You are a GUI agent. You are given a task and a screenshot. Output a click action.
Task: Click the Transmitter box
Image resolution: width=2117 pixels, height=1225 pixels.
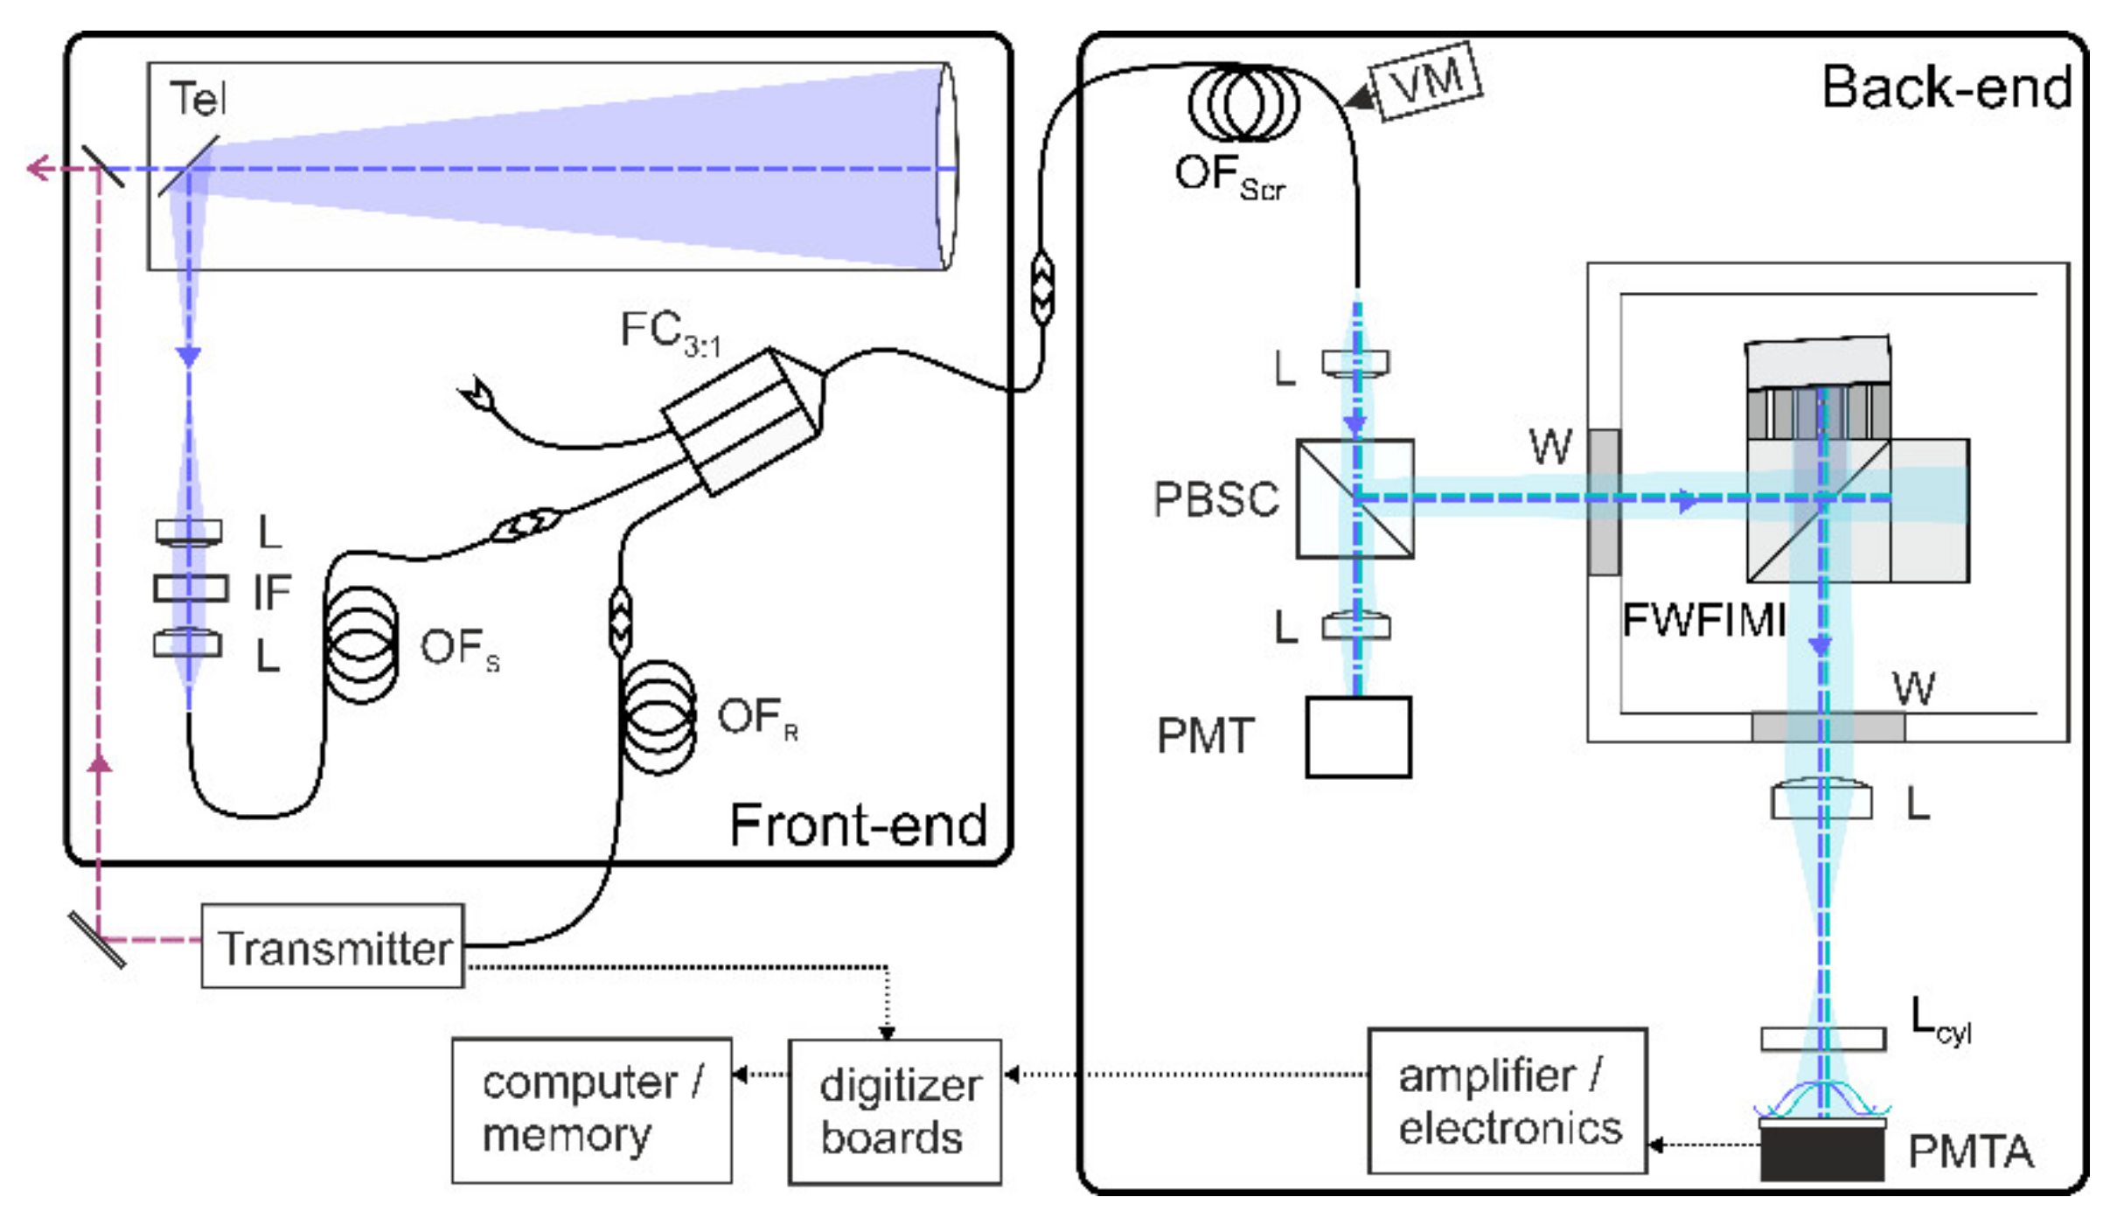pyautogui.click(x=332, y=946)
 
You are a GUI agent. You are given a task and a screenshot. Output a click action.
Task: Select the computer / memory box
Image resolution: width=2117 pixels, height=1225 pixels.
pyautogui.click(x=591, y=1110)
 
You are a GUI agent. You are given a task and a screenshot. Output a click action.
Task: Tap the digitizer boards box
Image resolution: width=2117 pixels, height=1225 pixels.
pyautogui.click(x=895, y=1111)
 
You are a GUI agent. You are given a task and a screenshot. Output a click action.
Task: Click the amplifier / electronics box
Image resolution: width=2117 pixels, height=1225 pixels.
pyautogui.click(x=1507, y=1102)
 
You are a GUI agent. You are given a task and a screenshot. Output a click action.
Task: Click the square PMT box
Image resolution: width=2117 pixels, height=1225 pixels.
pyautogui.click(x=1357, y=736)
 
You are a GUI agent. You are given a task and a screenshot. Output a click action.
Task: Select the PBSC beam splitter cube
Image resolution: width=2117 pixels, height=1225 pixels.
pyautogui.click(x=1354, y=498)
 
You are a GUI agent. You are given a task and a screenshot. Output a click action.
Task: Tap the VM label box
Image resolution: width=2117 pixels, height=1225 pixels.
pyautogui.click(x=1427, y=80)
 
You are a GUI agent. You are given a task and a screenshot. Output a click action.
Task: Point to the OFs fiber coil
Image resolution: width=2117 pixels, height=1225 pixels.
pyautogui.click(x=361, y=645)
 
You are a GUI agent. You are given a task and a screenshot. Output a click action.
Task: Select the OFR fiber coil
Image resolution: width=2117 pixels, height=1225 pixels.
pyautogui.click(x=658, y=717)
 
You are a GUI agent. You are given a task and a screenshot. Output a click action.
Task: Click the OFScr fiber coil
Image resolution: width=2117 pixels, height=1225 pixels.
pyautogui.click(x=1243, y=103)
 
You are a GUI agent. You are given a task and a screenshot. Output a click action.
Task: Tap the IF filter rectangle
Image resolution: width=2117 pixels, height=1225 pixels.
pyautogui.click(x=191, y=588)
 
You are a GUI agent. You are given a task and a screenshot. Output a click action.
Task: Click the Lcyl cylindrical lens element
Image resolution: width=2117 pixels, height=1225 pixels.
pyautogui.click(x=1822, y=1038)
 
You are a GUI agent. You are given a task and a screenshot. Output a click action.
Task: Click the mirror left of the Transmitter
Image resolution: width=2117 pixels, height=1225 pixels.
pyautogui.click(x=97, y=940)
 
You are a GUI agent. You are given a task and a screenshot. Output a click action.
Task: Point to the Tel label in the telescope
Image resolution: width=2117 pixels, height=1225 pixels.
pyautogui.click(x=198, y=98)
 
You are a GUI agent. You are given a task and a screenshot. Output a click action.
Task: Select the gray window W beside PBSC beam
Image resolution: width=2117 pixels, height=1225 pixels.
pyautogui.click(x=1603, y=502)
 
